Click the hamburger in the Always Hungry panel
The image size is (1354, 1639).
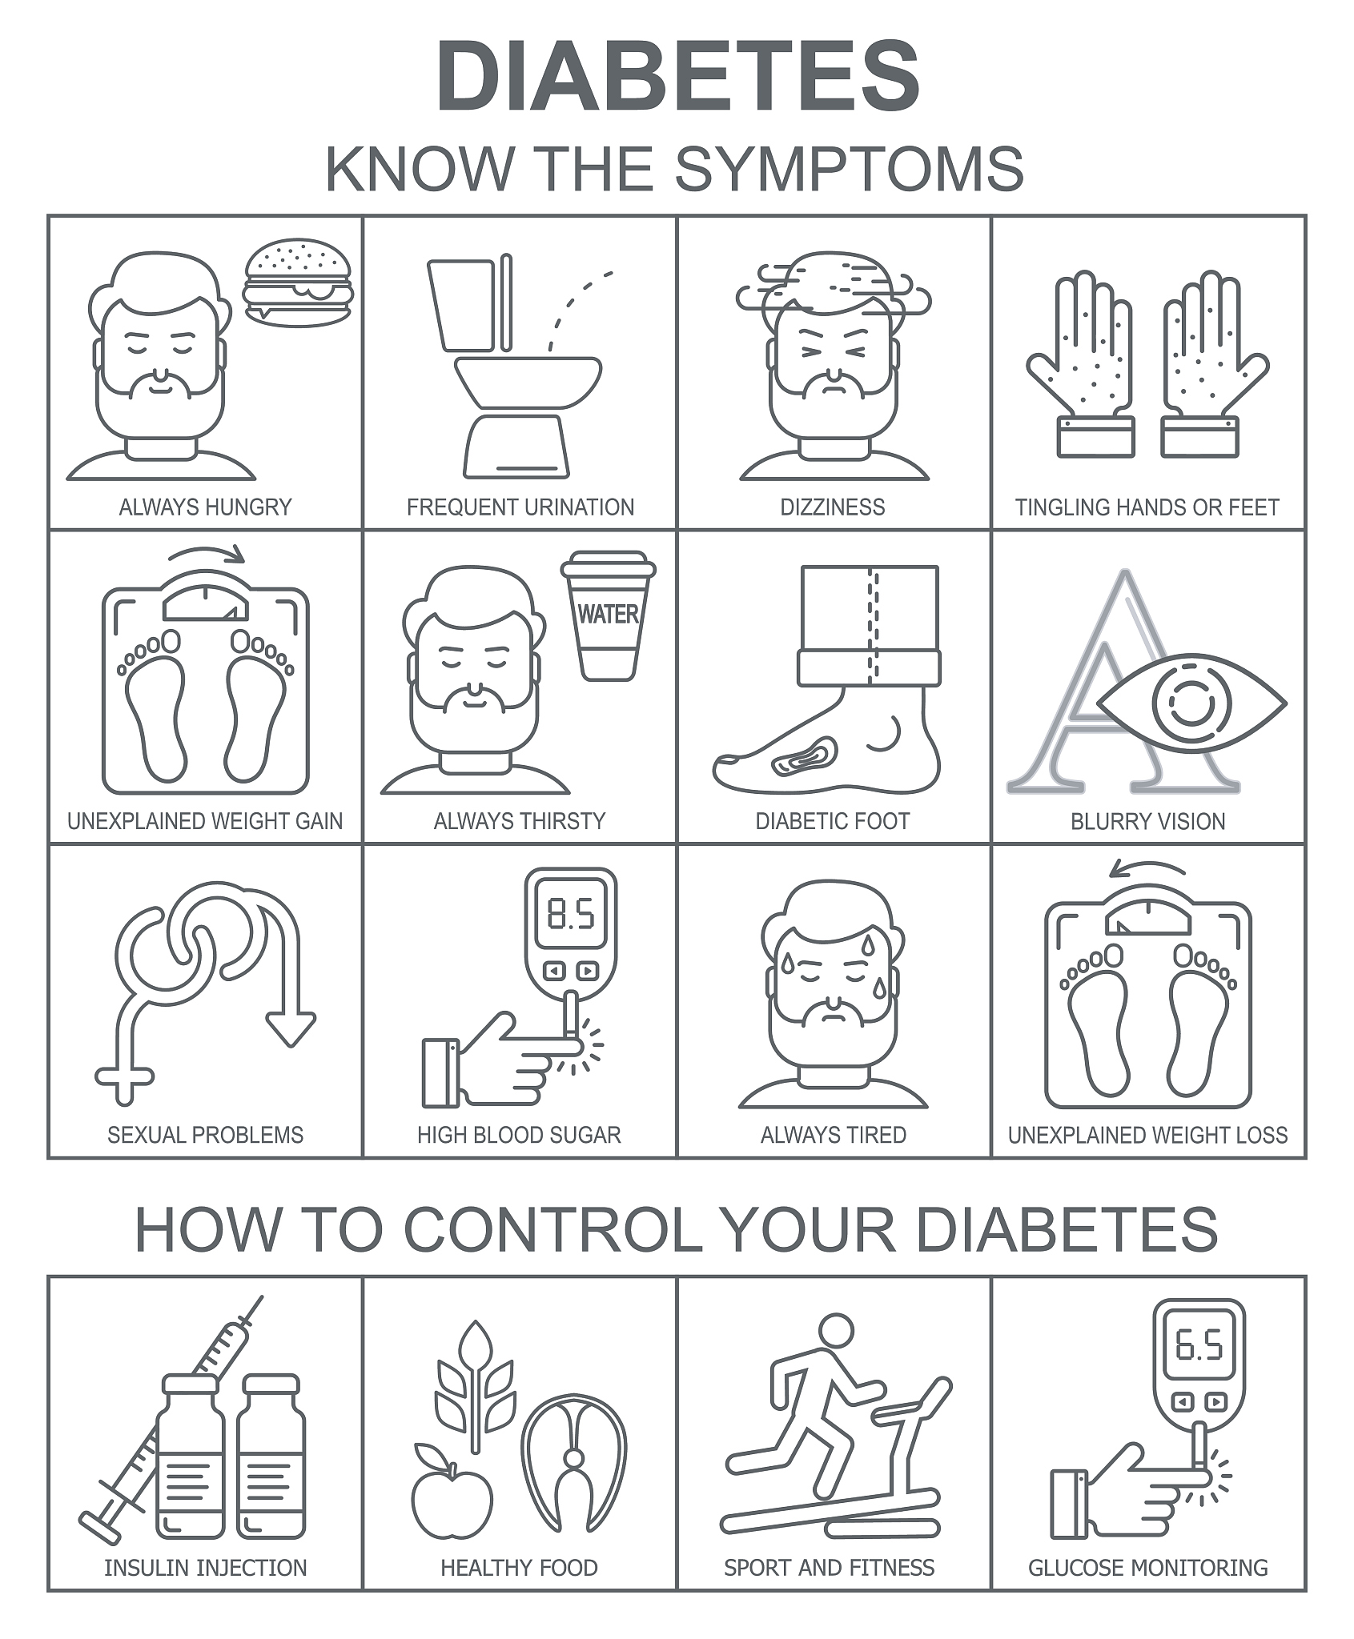(298, 280)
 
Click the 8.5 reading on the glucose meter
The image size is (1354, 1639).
(570, 914)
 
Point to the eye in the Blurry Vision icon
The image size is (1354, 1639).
(1191, 704)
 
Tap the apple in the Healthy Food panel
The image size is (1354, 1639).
(452, 1496)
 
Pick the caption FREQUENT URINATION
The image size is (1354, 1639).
(520, 507)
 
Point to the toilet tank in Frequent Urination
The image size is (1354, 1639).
(462, 305)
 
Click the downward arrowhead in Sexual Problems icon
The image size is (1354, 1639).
(291, 1028)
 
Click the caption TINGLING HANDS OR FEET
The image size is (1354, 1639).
(1147, 507)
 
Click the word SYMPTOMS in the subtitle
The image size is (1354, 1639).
(849, 169)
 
